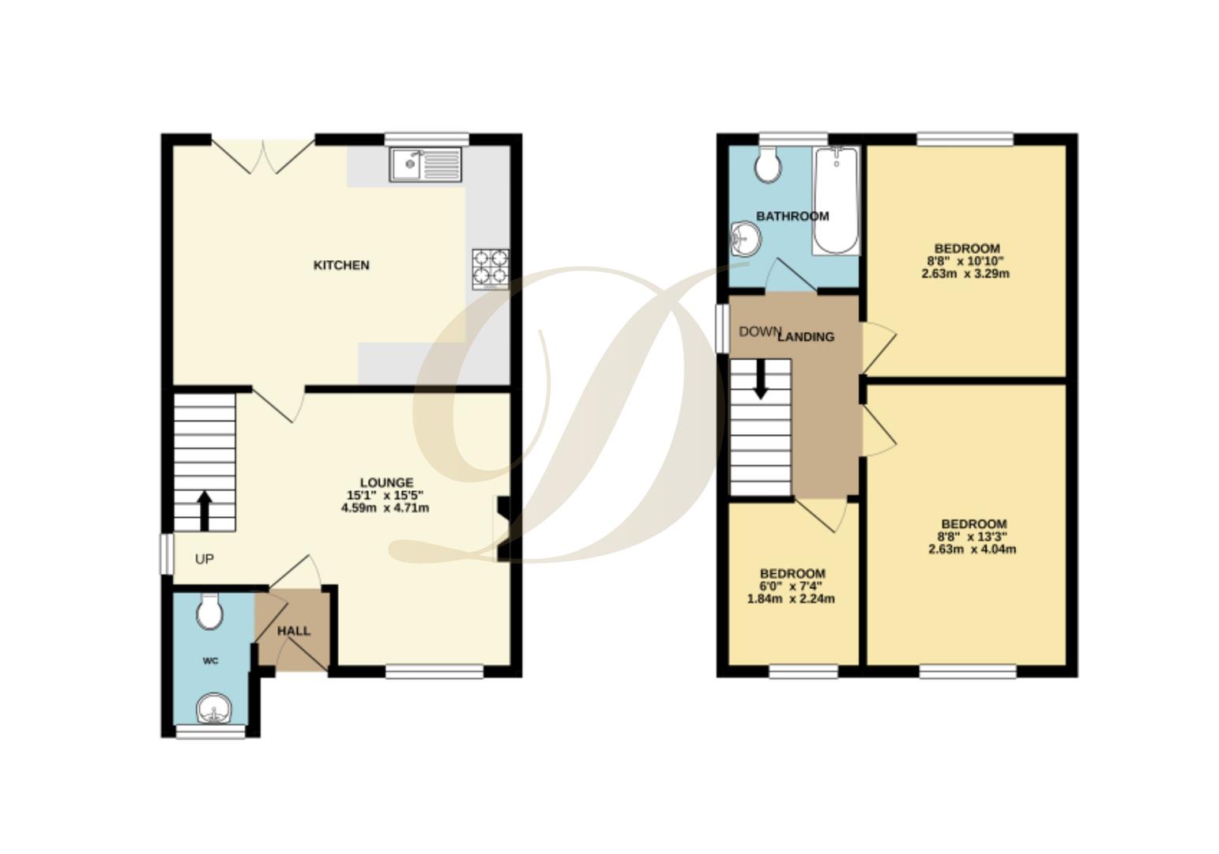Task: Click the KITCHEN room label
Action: [x=341, y=265]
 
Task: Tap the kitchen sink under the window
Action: [x=425, y=164]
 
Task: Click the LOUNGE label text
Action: [x=386, y=482]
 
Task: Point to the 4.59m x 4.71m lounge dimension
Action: [x=385, y=508]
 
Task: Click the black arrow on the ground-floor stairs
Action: [x=204, y=510]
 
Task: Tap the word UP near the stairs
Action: [x=204, y=559]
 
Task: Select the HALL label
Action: [x=293, y=631]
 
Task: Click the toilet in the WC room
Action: [x=209, y=612]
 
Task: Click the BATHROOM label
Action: [x=792, y=216]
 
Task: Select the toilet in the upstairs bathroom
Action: [x=767, y=166]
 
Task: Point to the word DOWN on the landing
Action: [x=759, y=331]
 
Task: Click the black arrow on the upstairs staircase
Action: [x=761, y=380]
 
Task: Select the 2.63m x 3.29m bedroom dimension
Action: [x=965, y=274]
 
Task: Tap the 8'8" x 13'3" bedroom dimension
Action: [x=972, y=536]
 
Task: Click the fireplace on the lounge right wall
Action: [x=502, y=528]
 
